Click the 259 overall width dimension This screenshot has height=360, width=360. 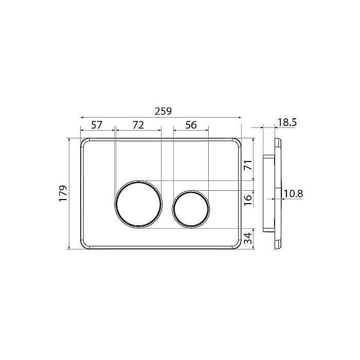[163, 112]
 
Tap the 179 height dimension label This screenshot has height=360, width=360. [63, 193]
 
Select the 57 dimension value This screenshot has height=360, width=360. [97, 125]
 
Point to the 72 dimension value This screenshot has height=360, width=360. [138, 125]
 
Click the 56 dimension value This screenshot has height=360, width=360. [191, 125]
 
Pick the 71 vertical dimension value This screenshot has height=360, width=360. [248, 165]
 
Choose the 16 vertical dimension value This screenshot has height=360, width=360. [248, 200]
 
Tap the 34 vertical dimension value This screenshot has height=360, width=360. [248, 238]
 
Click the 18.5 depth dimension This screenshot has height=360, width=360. [287, 122]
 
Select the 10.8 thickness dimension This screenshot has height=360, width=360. [294, 194]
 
